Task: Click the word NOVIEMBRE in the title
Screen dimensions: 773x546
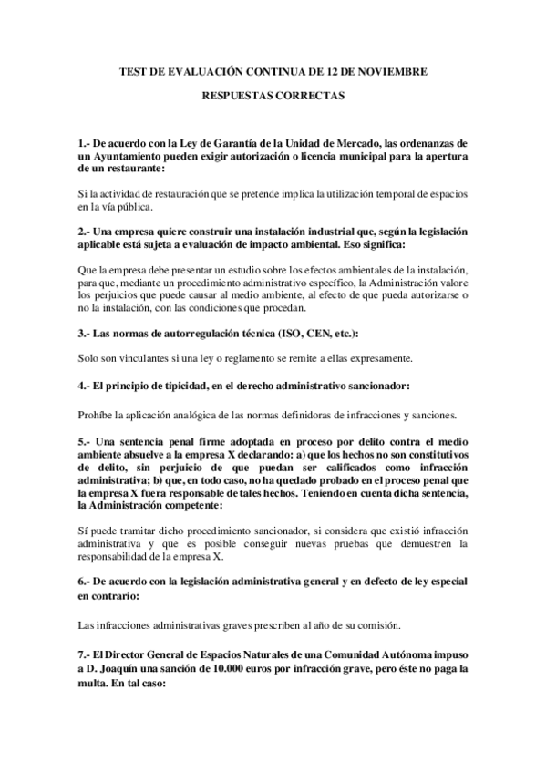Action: [394, 70]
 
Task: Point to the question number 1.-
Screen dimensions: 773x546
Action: [85, 143]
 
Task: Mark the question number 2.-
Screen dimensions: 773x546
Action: [85, 233]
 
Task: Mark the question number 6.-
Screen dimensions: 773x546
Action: [85, 581]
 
